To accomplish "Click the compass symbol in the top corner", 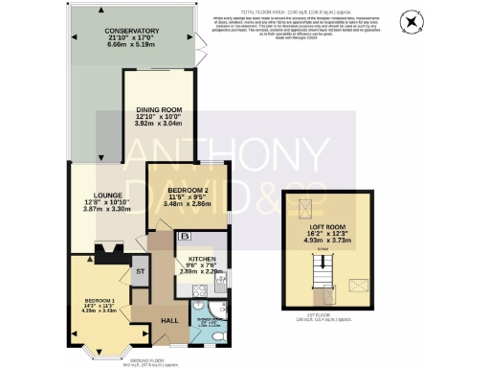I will pos(412,21).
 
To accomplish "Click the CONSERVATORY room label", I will pos(131,32).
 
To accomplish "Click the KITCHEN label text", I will pos(199,260).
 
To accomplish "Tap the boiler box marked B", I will pos(185,236).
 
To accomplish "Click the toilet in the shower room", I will pos(219,337).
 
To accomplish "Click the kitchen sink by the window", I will pos(221,280).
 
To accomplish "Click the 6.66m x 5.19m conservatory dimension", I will pos(131,46).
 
